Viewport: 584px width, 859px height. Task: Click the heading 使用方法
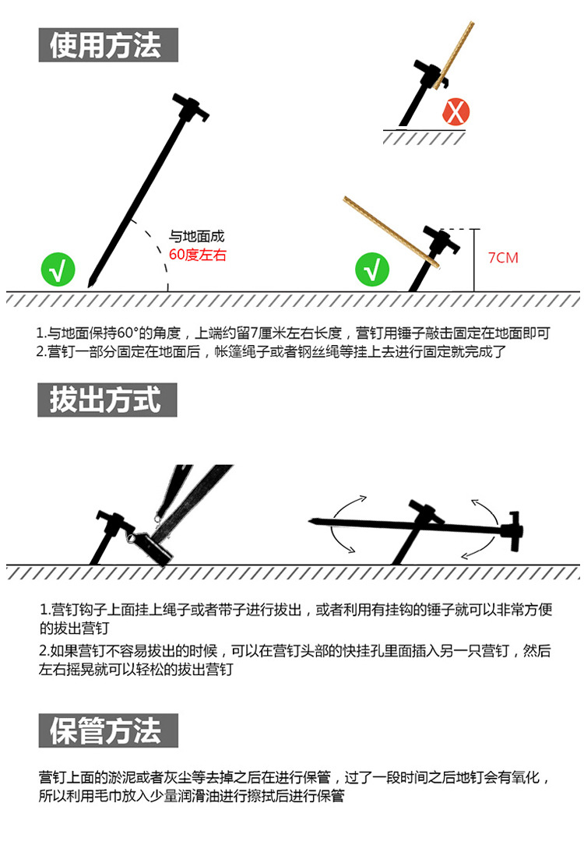tap(107, 45)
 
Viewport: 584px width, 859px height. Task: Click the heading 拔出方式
tap(107, 400)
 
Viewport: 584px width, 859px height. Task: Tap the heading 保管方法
tap(107, 730)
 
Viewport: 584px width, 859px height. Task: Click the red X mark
tap(456, 111)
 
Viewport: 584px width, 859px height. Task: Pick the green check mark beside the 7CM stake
tap(372, 269)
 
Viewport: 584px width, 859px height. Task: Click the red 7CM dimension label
tap(503, 258)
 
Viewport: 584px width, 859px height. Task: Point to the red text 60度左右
tap(198, 255)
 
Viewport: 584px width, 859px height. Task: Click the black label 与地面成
tap(197, 237)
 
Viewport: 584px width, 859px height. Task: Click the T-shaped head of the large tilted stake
tap(192, 107)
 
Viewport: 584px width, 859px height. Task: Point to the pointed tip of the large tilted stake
tap(91, 282)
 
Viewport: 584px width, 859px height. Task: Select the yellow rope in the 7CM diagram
tap(389, 232)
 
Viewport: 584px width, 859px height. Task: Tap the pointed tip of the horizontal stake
tap(312, 519)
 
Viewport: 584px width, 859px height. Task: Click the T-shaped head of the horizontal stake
tap(512, 533)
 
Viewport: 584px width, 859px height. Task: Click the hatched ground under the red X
tap(424, 137)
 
